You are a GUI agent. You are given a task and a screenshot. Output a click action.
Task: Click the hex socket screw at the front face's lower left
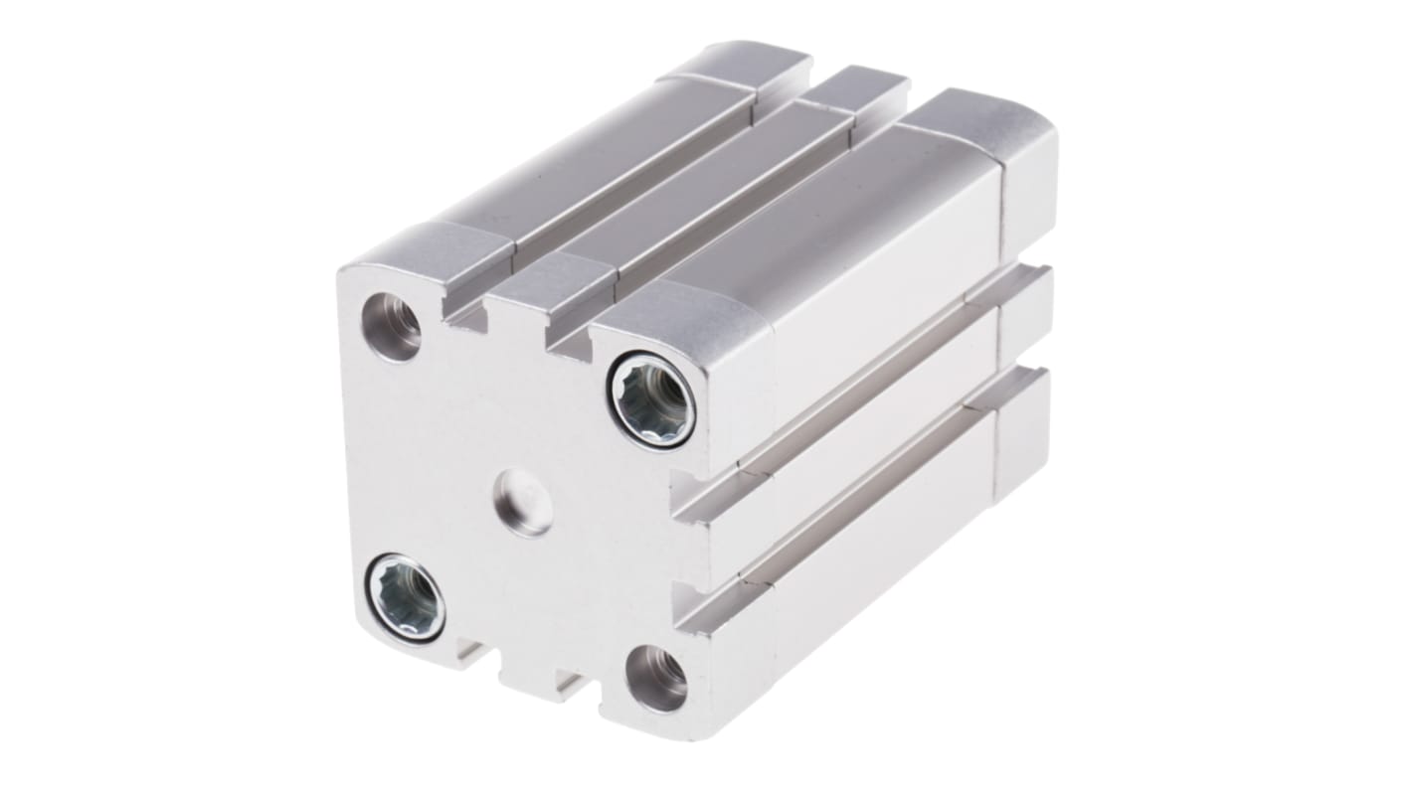click(x=406, y=597)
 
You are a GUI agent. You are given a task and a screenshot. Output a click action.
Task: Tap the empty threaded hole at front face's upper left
click(x=391, y=327)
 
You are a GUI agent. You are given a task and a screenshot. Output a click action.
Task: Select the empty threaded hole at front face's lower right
click(x=656, y=679)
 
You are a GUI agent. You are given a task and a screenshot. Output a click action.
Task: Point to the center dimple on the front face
click(x=524, y=503)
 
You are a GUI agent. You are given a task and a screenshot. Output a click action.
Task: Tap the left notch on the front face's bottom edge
click(x=470, y=654)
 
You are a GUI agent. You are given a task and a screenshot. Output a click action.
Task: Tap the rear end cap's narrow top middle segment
click(x=857, y=89)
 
